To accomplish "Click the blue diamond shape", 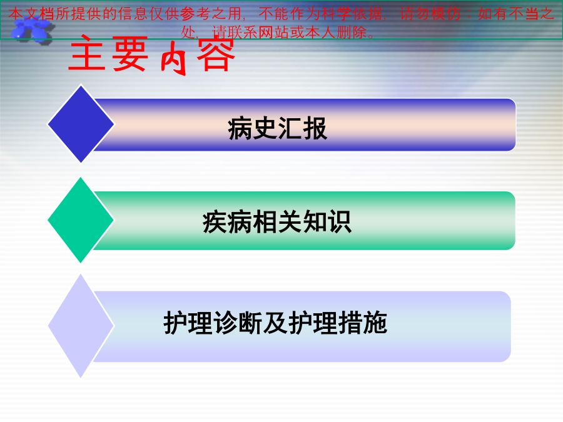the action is pyautogui.click(x=81, y=124).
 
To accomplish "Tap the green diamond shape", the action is pyautogui.click(x=81, y=220).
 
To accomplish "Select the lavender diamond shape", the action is pyautogui.click(x=81, y=326).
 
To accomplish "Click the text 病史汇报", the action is pyautogui.click(x=277, y=128).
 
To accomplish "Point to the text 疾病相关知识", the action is pyautogui.click(x=277, y=222).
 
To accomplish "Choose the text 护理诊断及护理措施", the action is pyautogui.click(x=275, y=323).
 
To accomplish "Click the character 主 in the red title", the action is pyautogui.click(x=87, y=54).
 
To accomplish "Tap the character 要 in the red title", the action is pyautogui.click(x=130, y=54).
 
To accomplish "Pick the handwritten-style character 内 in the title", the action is pyautogui.click(x=174, y=58).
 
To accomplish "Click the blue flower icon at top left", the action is pyautogui.click(x=32, y=31).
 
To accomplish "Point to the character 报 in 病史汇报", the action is pyautogui.click(x=315, y=128).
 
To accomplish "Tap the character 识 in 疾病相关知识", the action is pyautogui.click(x=340, y=222).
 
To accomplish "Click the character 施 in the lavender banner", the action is pyautogui.click(x=375, y=323).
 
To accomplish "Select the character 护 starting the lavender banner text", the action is pyautogui.click(x=176, y=323).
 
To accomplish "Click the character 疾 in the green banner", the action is pyautogui.click(x=215, y=222).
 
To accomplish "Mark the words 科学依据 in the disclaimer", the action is pyautogui.click(x=352, y=14).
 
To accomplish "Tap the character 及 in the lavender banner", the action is pyautogui.click(x=275, y=323).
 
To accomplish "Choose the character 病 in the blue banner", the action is pyautogui.click(x=240, y=128).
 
